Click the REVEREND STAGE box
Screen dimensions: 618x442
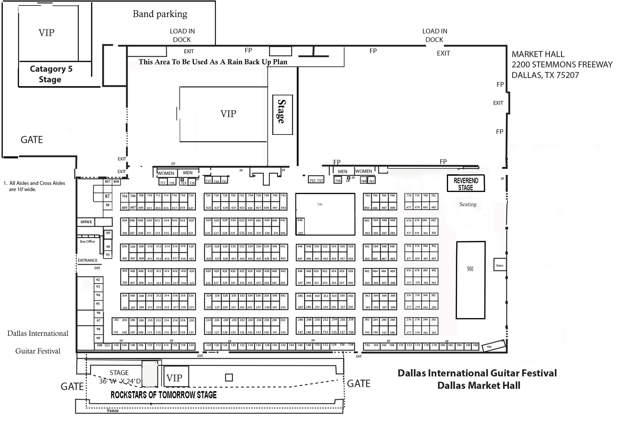pos(466,183)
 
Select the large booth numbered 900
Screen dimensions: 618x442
pos(470,280)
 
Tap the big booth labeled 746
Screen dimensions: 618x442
pos(325,214)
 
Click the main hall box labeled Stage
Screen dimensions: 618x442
pos(282,115)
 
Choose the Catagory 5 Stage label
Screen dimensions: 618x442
pos(51,74)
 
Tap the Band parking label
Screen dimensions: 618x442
pos(160,14)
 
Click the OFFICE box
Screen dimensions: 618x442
pos(86,222)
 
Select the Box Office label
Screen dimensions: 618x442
pos(88,242)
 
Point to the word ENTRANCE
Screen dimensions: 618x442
pos(88,260)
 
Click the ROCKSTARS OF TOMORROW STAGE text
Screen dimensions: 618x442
pos(164,395)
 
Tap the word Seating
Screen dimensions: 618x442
pos(468,204)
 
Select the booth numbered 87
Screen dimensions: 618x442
pos(107,196)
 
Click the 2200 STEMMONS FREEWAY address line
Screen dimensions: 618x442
pos(562,65)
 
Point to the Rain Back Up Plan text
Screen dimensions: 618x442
pos(213,62)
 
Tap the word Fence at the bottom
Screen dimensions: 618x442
pos(113,410)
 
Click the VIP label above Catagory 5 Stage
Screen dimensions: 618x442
pos(46,33)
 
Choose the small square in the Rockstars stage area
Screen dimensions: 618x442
pos(229,378)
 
